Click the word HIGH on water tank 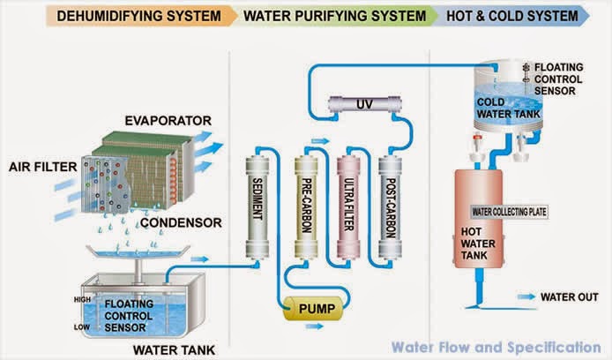click(82, 299)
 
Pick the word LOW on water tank click(83, 326)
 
